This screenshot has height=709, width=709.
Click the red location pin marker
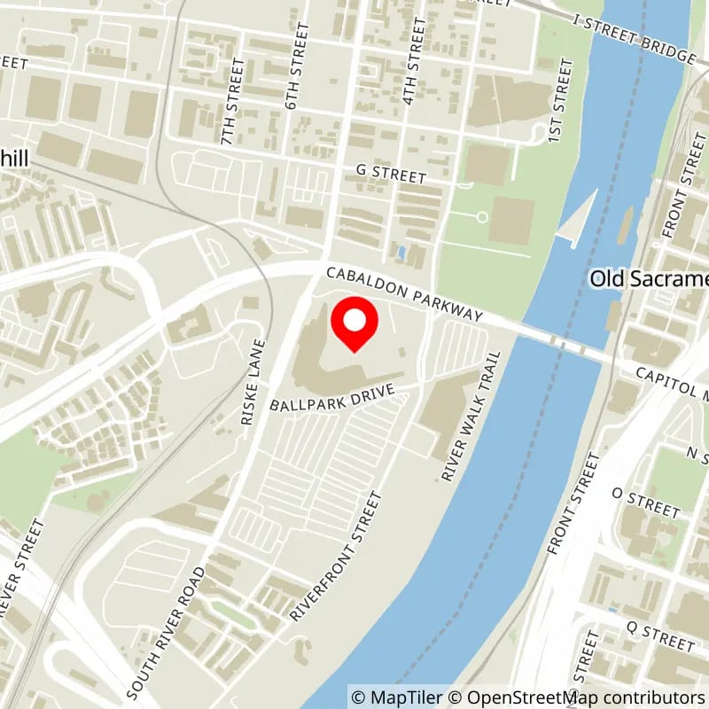pyautogui.click(x=354, y=324)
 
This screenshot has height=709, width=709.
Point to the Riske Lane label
pyautogui.click(x=253, y=382)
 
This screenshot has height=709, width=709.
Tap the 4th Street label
pyautogui.click(x=414, y=61)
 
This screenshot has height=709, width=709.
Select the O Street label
pyautogui.click(x=645, y=503)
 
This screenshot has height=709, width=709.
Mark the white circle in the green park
pyautogui.click(x=482, y=216)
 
